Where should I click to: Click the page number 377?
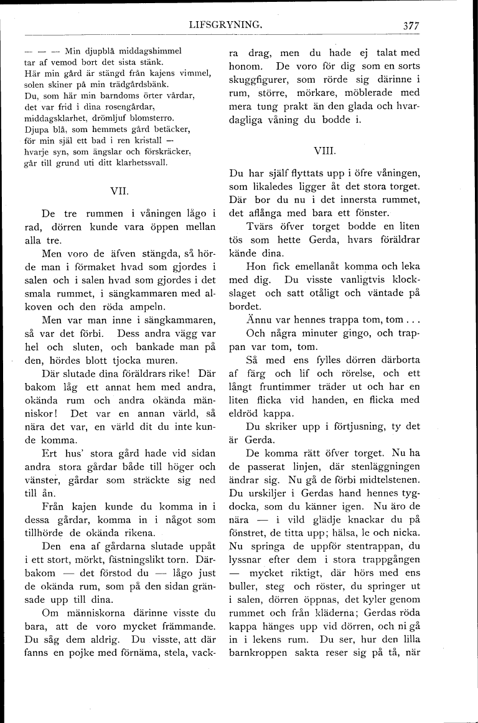[411, 26]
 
